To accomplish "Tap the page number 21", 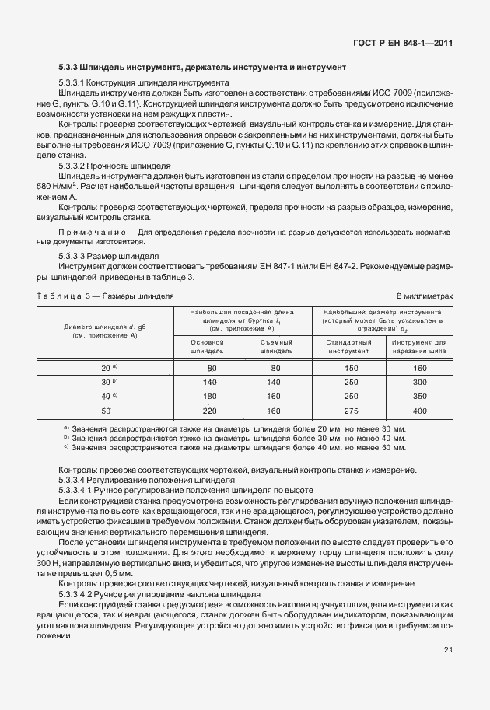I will point(448,650).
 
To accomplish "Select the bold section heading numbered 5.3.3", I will point(202,68).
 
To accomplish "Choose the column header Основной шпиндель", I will point(207,346).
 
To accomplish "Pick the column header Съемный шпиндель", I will point(274,346).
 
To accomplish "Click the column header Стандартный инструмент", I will point(348,346).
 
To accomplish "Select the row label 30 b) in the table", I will point(109,382).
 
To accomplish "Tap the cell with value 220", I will point(207,410).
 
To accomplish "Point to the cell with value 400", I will point(420,410).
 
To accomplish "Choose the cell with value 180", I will point(207,396).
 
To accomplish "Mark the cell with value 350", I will point(420,396).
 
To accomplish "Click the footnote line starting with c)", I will point(233,448).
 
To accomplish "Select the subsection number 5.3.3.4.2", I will point(81,593).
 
